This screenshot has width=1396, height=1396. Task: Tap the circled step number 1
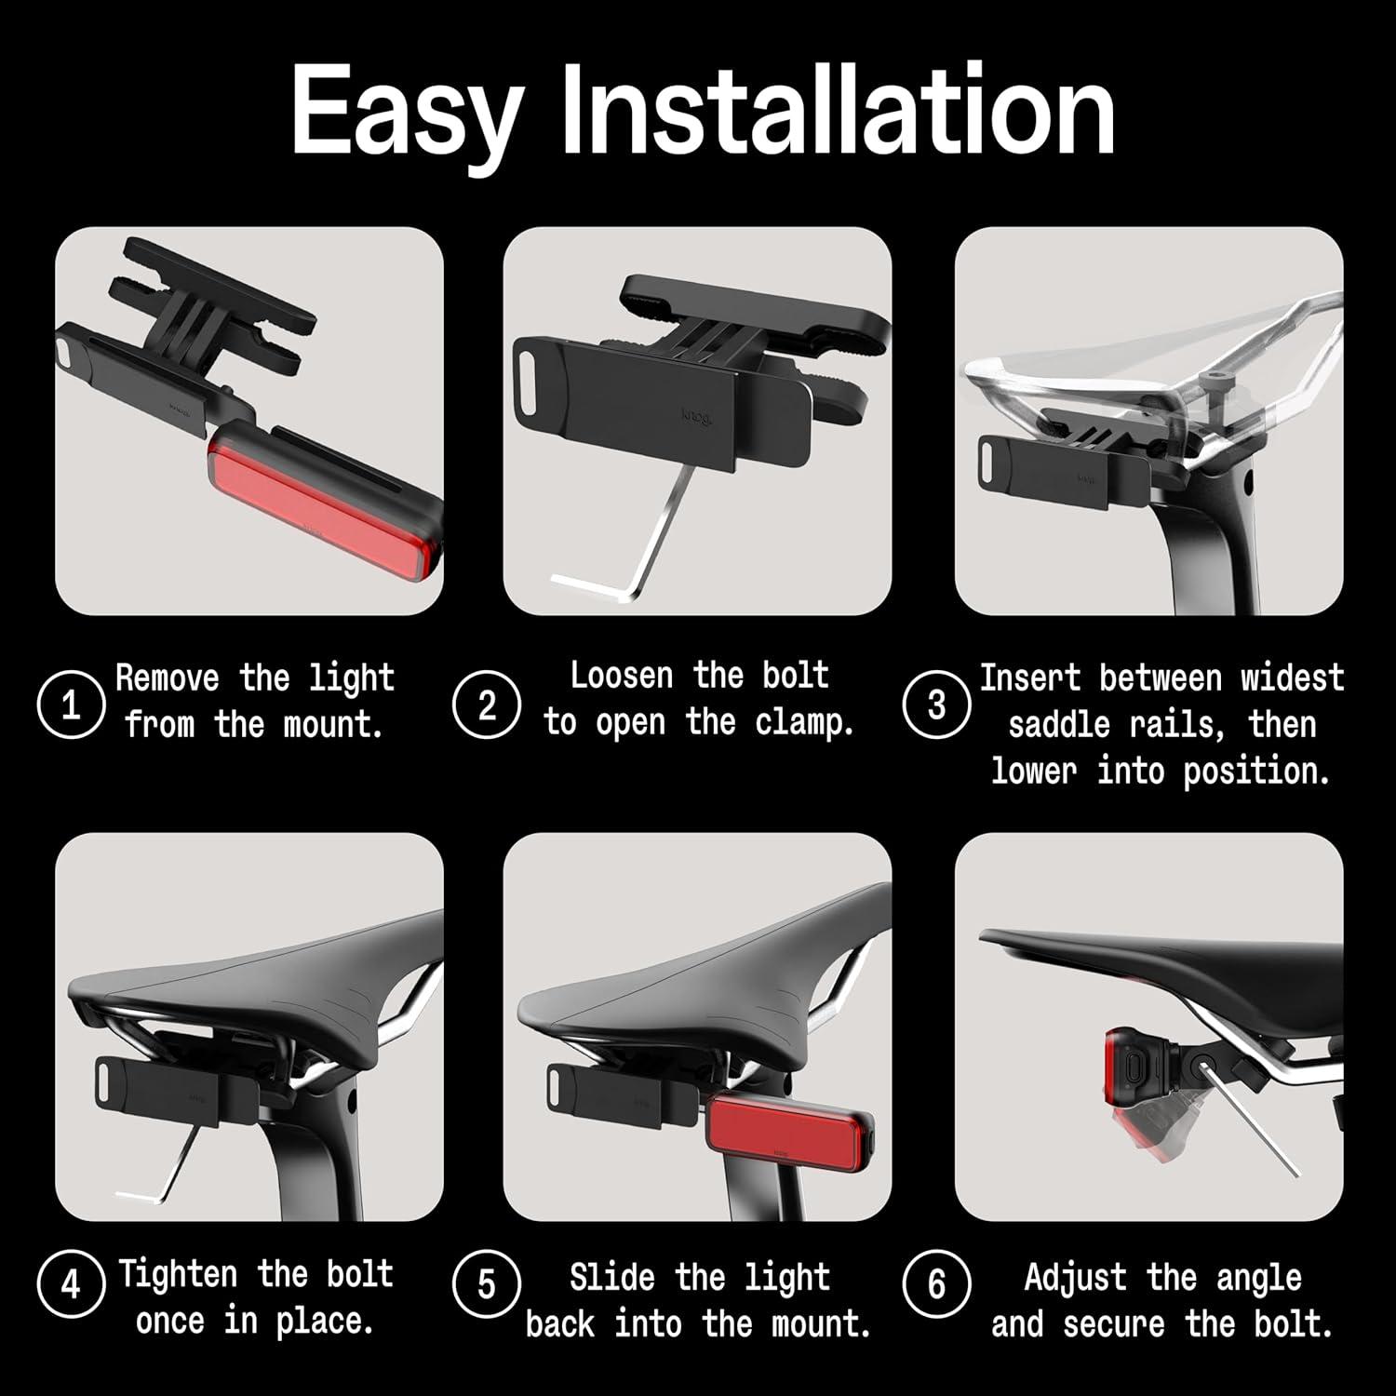[71, 705]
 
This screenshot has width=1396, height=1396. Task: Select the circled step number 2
[486, 705]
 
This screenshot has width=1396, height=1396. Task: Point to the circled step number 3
[936, 705]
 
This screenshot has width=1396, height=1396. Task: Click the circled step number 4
[71, 1285]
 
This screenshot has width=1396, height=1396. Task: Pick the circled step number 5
[486, 1285]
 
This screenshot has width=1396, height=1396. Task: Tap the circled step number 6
[936, 1285]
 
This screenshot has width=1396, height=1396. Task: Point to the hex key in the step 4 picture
[158, 1182]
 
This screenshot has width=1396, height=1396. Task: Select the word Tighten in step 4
[177, 1273]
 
